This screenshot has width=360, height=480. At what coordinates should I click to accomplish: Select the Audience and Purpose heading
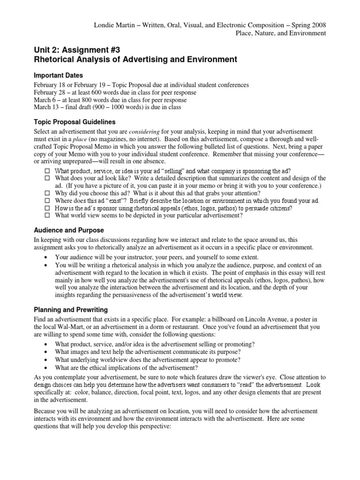[69, 231]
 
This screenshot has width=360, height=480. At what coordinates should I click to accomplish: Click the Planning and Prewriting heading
[71, 309]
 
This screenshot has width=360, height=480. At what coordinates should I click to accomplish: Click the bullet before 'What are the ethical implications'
[45, 367]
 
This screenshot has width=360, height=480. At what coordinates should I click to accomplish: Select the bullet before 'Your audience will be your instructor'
[45, 257]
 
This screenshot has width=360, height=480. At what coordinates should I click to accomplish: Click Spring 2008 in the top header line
[310, 24]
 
